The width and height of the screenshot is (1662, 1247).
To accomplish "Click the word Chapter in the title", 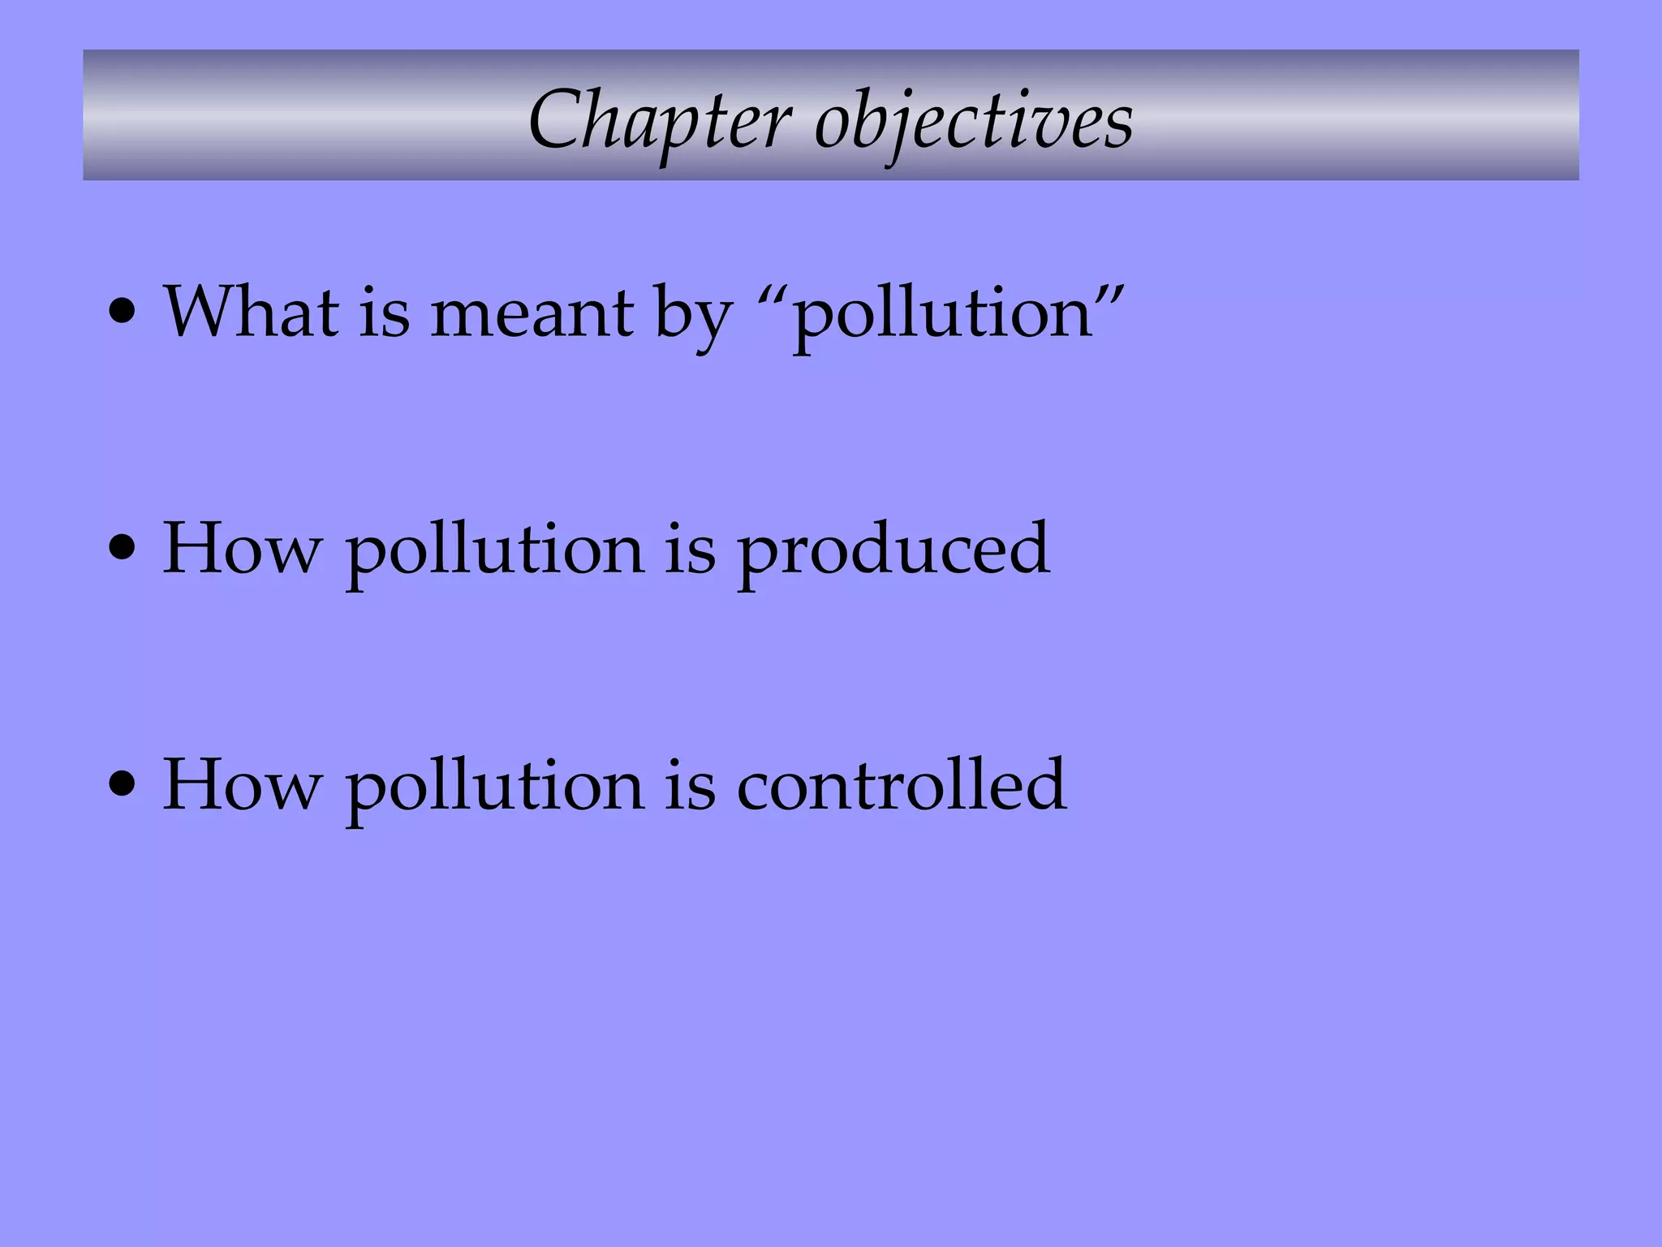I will point(659,122).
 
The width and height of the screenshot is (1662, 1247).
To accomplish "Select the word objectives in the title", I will point(974,122).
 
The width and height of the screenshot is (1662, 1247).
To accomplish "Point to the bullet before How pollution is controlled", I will point(123,785).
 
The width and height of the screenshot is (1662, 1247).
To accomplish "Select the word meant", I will point(532,313).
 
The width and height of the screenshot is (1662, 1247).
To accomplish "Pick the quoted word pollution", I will point(942,317).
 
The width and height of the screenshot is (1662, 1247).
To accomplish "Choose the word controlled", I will point(902,785).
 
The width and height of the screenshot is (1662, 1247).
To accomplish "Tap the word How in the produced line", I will point(242,550).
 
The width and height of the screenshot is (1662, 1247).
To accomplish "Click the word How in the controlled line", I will point(242,786).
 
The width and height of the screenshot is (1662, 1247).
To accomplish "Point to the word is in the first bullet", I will point(385,312).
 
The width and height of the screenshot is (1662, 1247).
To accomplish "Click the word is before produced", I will point(691,550).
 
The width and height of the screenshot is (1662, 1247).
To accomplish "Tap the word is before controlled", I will point(691,786).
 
